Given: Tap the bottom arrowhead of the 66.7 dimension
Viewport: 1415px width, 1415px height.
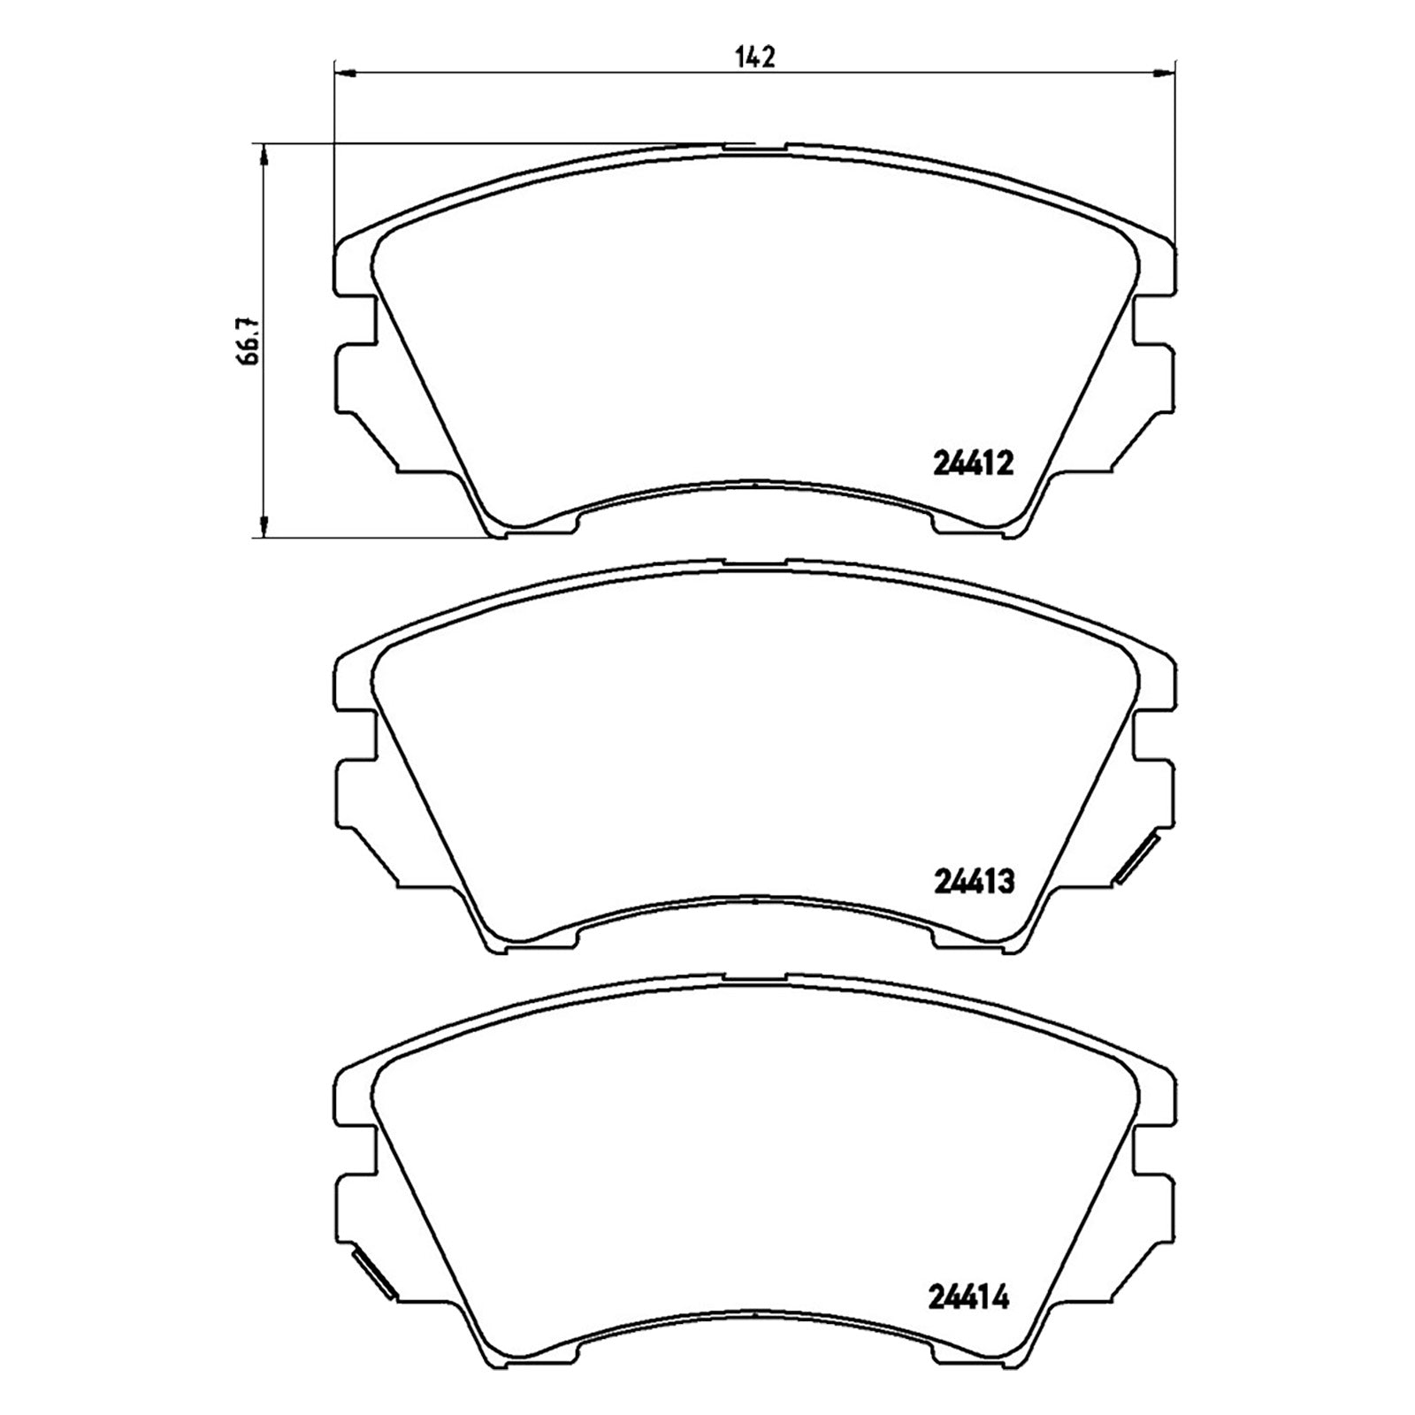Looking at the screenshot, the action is [x=263, y=526].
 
